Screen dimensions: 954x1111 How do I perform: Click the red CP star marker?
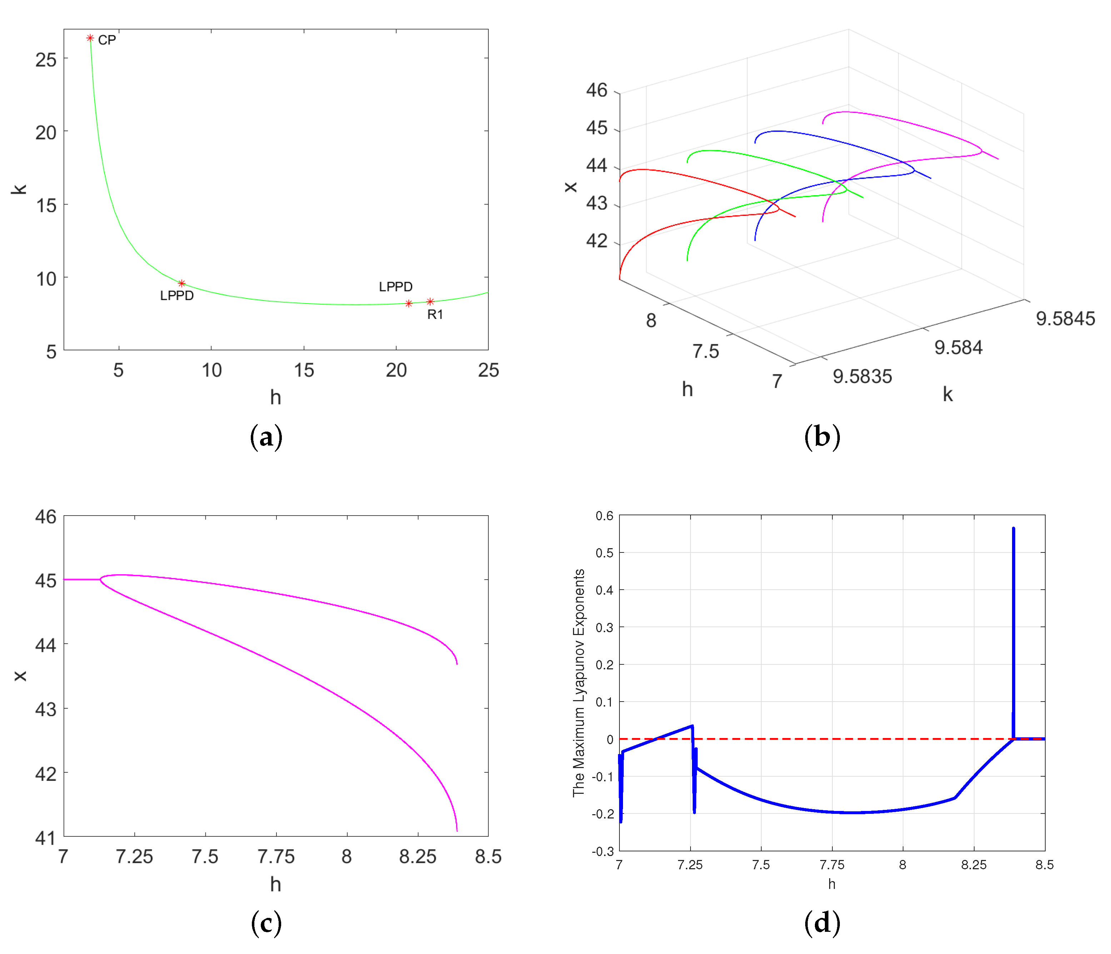(90, 38)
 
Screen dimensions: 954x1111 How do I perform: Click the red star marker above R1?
(430, 301)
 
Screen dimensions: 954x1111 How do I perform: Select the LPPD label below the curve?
(176, 296)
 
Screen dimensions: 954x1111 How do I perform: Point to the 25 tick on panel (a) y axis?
(46, 60)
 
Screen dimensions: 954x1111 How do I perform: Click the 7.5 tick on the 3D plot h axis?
(705, 351)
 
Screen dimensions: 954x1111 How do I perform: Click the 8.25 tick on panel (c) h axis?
(418, 856)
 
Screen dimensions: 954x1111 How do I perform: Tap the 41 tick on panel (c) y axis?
(46, 838)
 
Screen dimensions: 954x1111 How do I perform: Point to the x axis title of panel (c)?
(20, 675)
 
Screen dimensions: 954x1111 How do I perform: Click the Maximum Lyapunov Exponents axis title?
(579, 683)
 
